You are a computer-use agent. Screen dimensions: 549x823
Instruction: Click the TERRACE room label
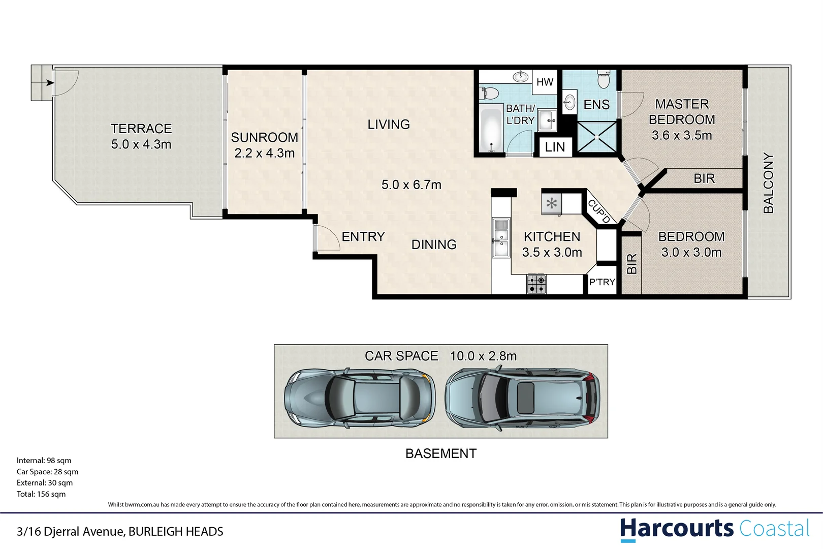coord(141,129)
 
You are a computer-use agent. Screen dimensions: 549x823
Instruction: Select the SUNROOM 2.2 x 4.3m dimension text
coord(264,153)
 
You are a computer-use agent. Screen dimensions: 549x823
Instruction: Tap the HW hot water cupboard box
coord(545,82)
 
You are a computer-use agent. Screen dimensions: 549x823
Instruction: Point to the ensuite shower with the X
coord(597,137)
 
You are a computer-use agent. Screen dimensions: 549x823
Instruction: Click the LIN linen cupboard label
coord(555,147)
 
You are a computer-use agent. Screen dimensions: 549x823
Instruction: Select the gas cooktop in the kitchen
coord(536,284)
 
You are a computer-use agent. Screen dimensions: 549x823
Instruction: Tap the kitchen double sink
coord(501,238)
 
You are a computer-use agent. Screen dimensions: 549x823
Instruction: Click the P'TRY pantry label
coord(602,282)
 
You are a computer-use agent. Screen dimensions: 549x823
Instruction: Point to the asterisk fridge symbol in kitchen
coord(552,204)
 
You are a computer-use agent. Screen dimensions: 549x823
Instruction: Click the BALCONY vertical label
coord(768,183)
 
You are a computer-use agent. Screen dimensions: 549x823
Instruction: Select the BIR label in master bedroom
coord(704,178)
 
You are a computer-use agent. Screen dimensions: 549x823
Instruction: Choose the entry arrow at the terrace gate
coord(49,82)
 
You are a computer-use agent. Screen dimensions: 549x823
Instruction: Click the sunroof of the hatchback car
coord(525,397)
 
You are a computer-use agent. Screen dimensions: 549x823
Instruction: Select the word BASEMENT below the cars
coord(440,453)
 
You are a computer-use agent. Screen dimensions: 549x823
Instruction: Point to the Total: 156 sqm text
coord(41,494)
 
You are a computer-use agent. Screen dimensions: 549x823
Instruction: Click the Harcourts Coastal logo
coord(714,529)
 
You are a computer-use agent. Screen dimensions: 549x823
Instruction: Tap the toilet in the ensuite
coord(604,80)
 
